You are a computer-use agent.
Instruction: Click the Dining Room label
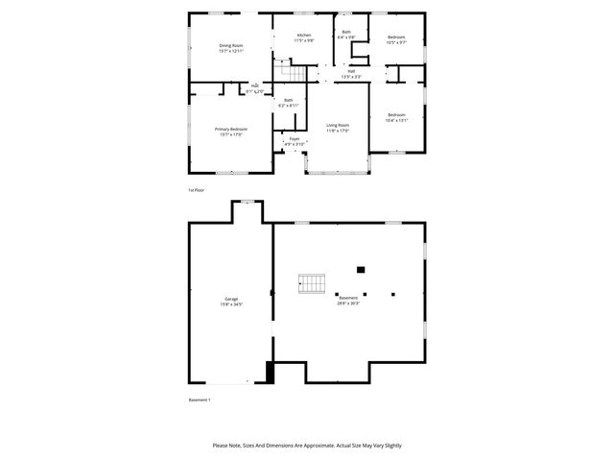[x=231, y=45]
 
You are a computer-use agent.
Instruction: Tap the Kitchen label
[x=303, y=36]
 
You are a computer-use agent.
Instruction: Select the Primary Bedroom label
[x=230, y=129]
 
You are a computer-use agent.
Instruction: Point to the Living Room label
[x=337, y=125]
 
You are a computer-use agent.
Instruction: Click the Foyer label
[x=294, y=138]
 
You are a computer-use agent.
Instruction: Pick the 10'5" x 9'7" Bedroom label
[x=396, y=36]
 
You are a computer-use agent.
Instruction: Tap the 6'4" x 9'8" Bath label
[x=345, y=33]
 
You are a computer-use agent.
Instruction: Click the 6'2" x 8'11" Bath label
[x=288, y=100]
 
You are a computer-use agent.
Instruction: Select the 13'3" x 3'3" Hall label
[x=351, y=71]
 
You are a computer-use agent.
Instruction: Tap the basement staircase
[x=313, y=283]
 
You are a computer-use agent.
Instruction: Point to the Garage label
[x=231, y=299]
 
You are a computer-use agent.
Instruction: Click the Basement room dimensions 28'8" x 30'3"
[x=347, y=303]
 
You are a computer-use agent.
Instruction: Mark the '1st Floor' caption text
[x=197, y=190]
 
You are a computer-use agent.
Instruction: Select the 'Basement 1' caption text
[x=199, y=400]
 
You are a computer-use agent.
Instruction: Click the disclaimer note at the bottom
[x=307, y=446]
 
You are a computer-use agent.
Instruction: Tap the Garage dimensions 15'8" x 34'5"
[x=231, y=304]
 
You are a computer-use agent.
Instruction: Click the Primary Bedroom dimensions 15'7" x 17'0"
[x=230, y=134]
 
